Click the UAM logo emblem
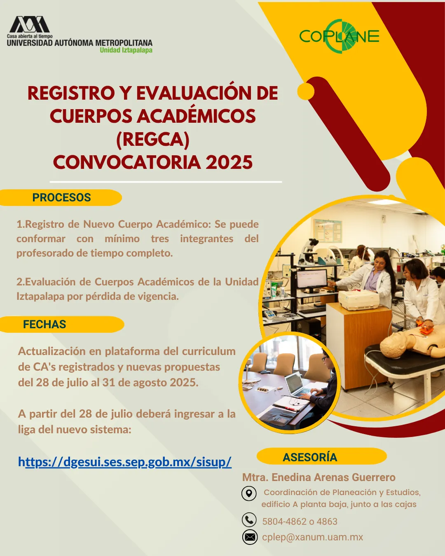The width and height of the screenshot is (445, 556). tap(30, 24)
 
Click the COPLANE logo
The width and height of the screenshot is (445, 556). tap(339, 36)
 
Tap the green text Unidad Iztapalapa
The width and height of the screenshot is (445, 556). tap(126, 50)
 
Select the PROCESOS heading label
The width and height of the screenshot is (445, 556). tap(61, 197)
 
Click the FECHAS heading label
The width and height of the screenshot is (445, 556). tap(44, 324)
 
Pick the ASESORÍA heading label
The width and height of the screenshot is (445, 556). tap(310, 457)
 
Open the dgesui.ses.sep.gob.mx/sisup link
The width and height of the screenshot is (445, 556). tap(124, 462)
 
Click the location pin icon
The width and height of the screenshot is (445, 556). tap(249, 493)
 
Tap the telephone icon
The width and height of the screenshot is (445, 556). tap(249, 520)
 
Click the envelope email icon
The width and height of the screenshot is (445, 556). tap(250, 537)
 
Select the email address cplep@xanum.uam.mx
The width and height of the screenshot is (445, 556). tap(313, 537)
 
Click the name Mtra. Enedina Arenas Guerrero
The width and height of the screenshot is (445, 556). tap(319, 477)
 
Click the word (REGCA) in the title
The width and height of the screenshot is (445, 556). tap(153, 139)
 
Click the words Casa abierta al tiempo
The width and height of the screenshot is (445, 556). tap(30, 36)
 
